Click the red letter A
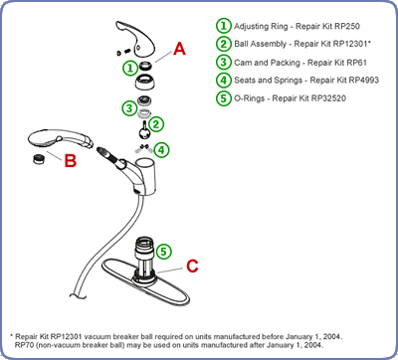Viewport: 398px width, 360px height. click(x=179, y=49)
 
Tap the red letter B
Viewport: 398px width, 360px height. click(x=71, y=160)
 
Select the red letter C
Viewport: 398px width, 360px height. click(x=192, y=266)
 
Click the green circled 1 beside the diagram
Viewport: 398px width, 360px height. click(x=130, y=68)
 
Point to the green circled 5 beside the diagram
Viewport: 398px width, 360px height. click(x=163, y=252)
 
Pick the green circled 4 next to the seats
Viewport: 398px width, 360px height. click(x=161, y=150)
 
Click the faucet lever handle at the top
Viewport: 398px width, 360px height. click(x=135, y=39)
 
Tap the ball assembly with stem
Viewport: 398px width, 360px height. click(x=144, y=129)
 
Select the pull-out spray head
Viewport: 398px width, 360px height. click(x=60, y=139)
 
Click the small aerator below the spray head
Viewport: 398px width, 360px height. click(x=40, y=159)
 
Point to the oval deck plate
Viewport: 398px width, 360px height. click(x=145, y=282)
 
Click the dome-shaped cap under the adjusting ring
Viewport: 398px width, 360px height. click(x=144, y=82)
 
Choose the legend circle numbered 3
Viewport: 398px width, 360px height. click(x=224, y=63)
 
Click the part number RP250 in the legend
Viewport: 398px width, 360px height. click(x=347, y=26)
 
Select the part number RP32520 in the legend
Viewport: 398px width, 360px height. click(x=327, y=98)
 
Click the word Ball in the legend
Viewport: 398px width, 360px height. click(x=241, y=44)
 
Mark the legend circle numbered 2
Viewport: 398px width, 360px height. click(x=224, y=44)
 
